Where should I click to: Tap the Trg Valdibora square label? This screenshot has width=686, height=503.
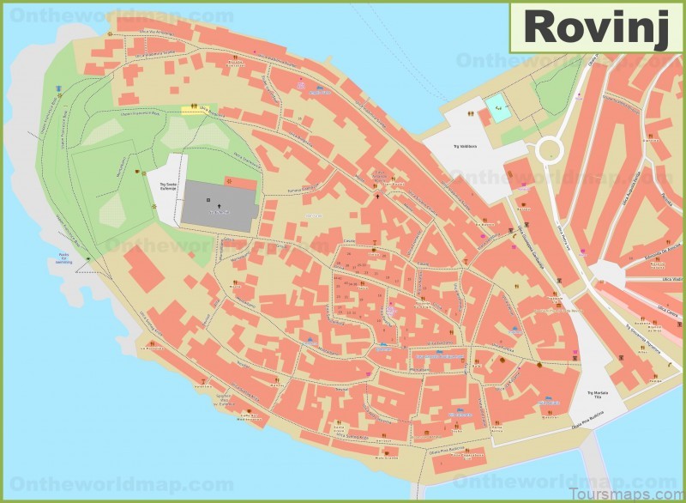468,147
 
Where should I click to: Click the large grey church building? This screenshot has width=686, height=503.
219,205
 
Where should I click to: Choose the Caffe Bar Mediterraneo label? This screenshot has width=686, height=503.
248,414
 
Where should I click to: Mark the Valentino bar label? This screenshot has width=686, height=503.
224,399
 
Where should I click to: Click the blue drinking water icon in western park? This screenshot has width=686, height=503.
59,89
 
